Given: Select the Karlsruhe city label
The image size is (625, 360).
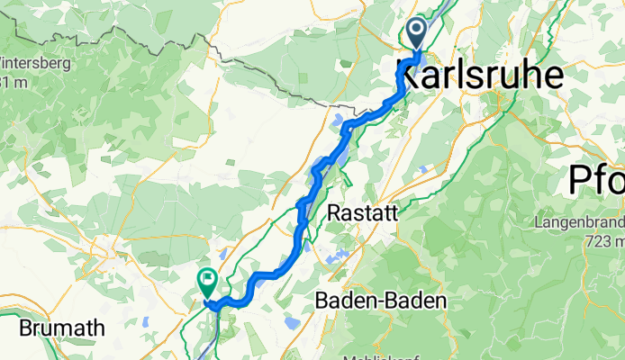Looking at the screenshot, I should point(480,75).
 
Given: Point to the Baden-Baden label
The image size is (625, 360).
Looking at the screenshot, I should point(381,302).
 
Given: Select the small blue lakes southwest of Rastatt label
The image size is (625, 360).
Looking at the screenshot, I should point(335,258).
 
